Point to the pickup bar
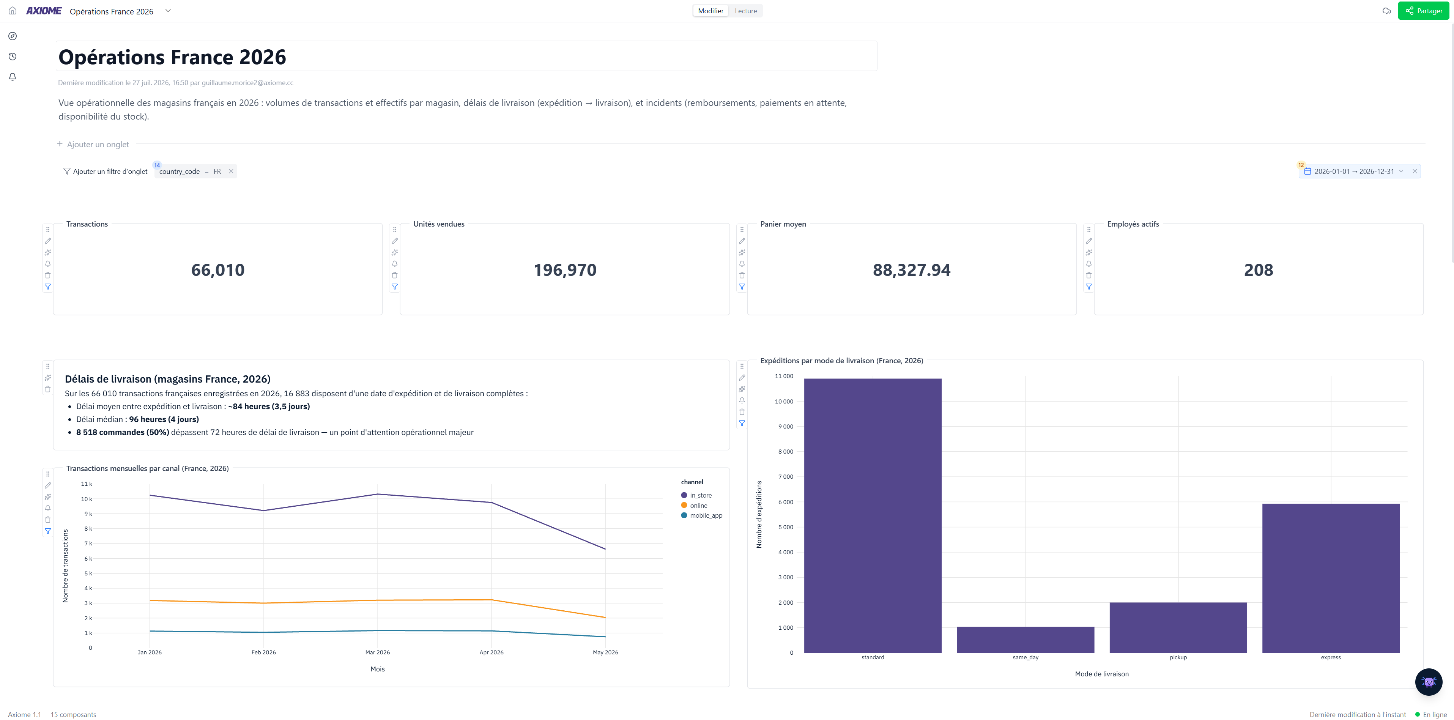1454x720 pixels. pos(1178,627)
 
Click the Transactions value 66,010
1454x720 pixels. pos(218,270)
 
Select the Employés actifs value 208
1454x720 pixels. pos(1258,270)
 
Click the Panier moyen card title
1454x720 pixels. pos(783,224)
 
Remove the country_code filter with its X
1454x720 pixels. pos(231,172)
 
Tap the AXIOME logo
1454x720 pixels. pos(44,11)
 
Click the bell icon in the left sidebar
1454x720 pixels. pos(13,77)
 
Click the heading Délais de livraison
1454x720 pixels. pos(168,379)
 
